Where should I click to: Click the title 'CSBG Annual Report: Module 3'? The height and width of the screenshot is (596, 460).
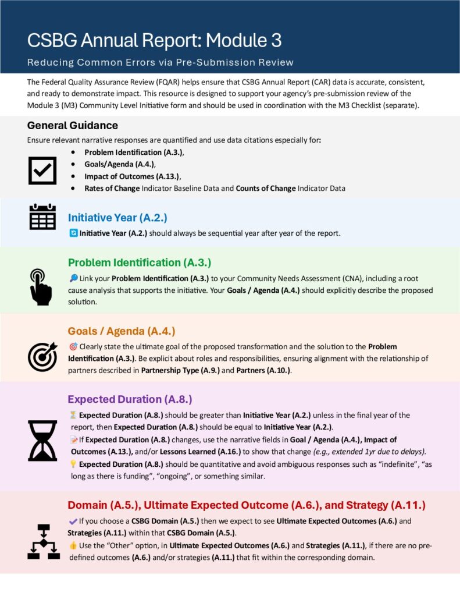154,40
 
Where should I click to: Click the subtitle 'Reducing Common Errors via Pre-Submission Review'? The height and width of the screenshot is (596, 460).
160,62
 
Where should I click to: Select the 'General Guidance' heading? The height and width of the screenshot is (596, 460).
73,125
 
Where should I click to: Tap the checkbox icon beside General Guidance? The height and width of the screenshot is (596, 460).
42,170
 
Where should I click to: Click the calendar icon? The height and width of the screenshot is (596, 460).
42,217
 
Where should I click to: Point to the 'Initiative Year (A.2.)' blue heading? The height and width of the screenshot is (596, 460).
117,218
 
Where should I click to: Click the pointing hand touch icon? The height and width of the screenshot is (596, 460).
41,286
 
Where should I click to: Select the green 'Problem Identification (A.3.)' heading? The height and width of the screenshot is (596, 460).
140,262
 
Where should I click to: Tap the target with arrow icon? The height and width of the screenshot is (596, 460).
42,356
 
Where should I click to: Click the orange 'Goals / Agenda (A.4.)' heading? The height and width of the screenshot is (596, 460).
122,331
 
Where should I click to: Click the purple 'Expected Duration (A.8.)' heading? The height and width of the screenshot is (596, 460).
130,399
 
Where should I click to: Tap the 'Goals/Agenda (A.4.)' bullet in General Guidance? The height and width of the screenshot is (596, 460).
120,164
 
